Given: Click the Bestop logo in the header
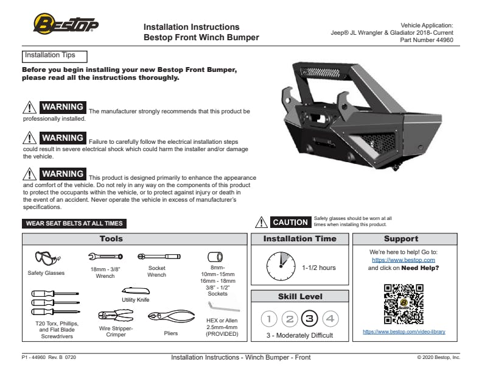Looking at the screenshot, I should (65, 26).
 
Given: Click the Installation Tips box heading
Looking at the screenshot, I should (55, 56).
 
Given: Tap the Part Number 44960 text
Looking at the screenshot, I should (427, 40).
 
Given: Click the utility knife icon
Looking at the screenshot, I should (134, 291).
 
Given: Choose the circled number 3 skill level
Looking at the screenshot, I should (310, 318).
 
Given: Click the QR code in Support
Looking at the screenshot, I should (403, 304).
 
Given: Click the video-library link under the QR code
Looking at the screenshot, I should (403, 332).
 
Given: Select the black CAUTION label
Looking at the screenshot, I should (290, 222).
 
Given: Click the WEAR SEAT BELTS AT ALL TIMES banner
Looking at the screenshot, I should (75, 224).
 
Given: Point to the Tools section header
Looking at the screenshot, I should (111, 239).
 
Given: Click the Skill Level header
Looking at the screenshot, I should (300, 297).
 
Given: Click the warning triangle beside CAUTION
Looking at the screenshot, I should (261, 222).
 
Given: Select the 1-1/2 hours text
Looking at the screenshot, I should (319, 268).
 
